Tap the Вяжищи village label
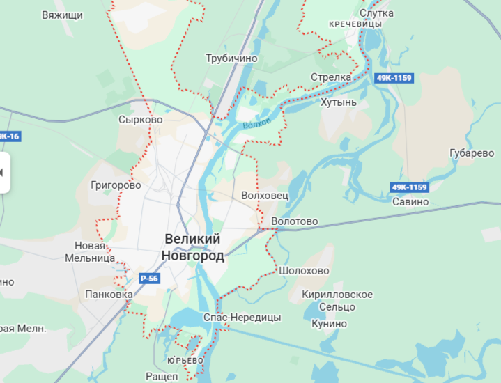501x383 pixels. pyautogui.click(x=63, y=15)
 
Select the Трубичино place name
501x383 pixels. pyautogui.click(x=231, y=58)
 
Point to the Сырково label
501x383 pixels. pyautogui.click(x=140, y=120)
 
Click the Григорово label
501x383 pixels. pyautogui.click(x=116, y=185)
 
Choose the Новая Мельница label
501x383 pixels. pyautogui.click(x=90, y=252)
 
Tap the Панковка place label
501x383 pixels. pyautogui.click(x=109, y=295)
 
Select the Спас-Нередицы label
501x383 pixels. pyautogui.click(x=242, y=318)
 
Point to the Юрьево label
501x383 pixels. pyautogui.click(x=185, y=360)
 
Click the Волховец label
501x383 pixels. pyautogui.click(x=264, y=196)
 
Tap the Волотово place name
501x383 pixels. pyautogui.click(x=294, y=221)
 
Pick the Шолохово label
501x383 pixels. pyautogui.click(x=303, y=271)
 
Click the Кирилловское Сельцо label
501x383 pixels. pyautogui.click(x=337, y=301)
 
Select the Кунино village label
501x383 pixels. pyautogui.click(x=329, y=324)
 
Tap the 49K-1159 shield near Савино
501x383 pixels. pyautogui.click(x=409, y=187)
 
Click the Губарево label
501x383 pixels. pyautogui.click(x=472, y=153)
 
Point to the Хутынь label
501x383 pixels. pyautogui.click(x=339, y=102)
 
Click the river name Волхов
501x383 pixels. pyautogui.click(x=257, y=125)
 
